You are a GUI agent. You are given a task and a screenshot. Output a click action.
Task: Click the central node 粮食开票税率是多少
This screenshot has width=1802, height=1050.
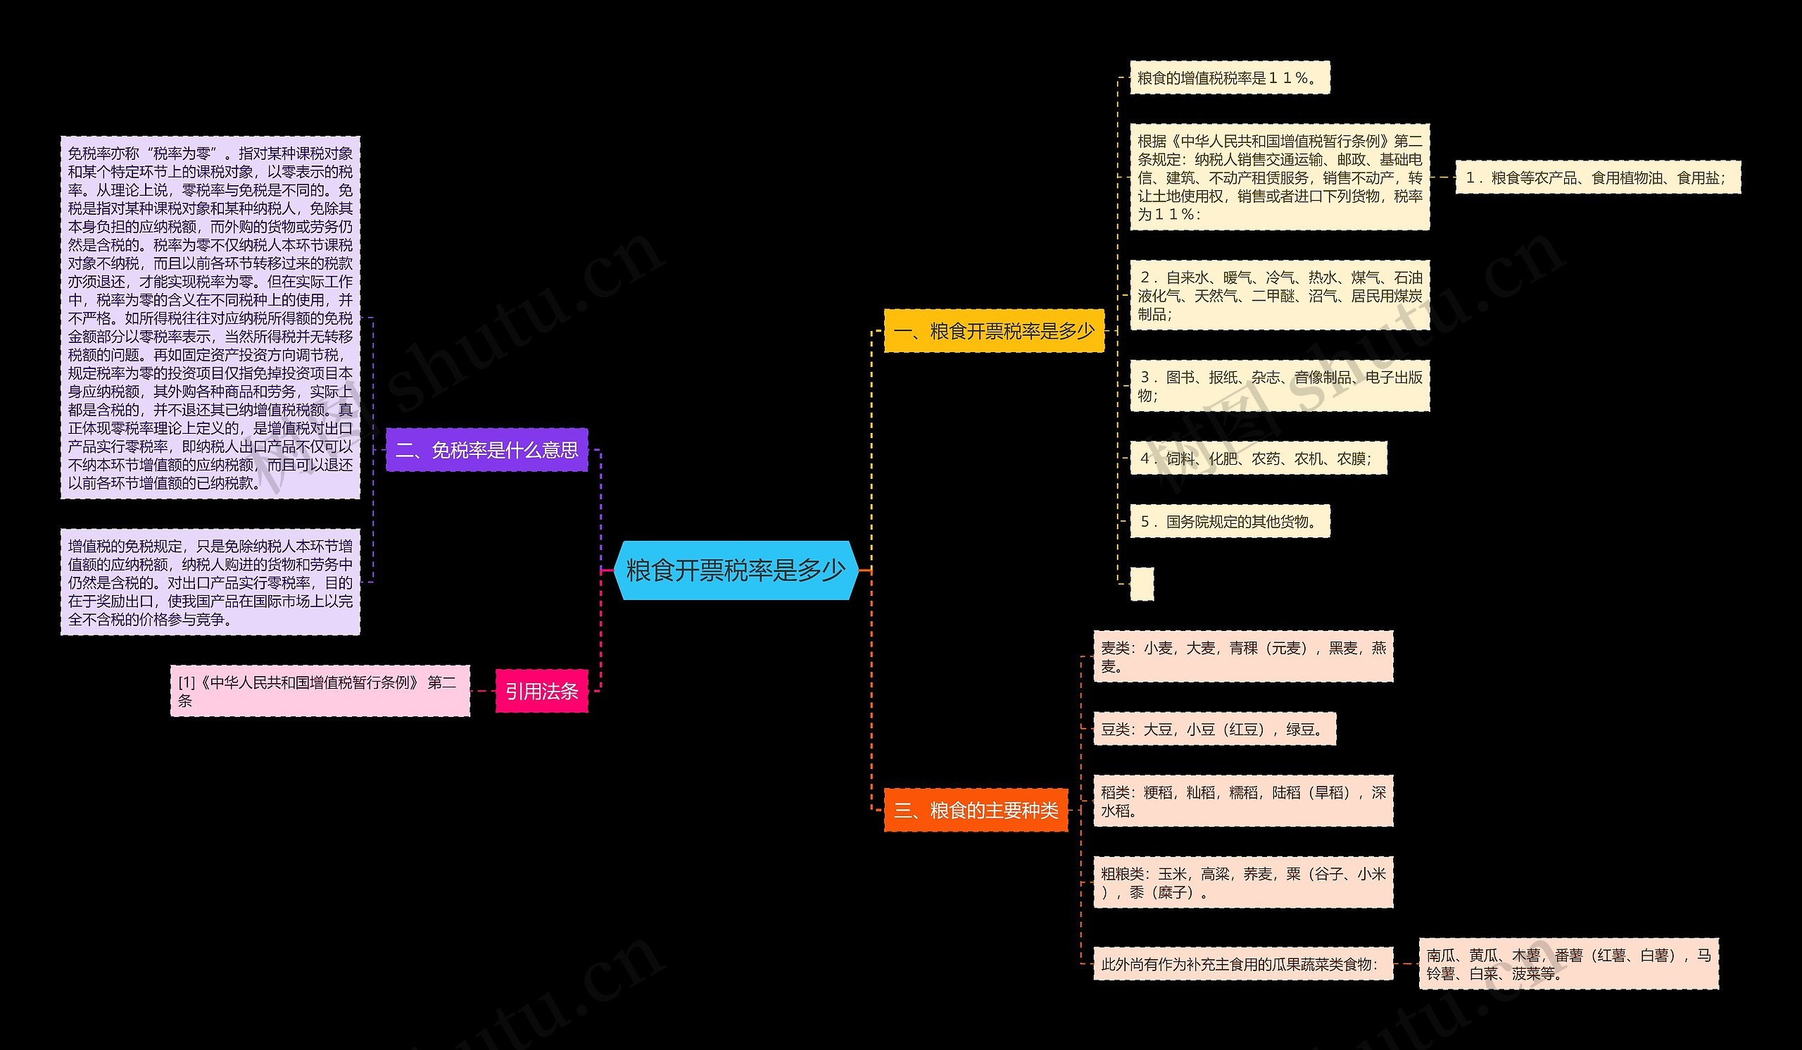click(736, 570)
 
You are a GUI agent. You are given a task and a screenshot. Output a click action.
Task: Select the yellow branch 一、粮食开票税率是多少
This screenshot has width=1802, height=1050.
click(994, 330)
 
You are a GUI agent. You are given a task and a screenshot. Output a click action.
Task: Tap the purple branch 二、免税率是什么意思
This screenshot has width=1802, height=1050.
click(487, 450)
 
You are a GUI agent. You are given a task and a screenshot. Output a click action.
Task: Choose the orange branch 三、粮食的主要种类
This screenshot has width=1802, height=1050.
click(976, 810)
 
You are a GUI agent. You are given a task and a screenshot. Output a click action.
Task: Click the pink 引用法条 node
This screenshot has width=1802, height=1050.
click(542, 691)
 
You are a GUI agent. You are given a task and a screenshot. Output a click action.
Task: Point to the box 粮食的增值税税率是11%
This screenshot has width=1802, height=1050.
click(1230, 77)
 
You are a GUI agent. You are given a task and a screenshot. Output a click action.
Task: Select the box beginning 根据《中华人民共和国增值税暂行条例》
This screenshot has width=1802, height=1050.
click(1280, 177)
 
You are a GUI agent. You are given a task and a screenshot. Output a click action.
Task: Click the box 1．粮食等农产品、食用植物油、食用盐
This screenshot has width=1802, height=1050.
click(1598, 177)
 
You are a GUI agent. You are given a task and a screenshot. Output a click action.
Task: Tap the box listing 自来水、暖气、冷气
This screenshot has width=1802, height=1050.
click(1280, 295)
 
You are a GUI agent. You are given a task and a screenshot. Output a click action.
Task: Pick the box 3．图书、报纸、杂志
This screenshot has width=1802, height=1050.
click(1280, 385)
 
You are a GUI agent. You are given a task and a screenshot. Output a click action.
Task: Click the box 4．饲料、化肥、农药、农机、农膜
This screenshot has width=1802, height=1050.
click(1259, 458)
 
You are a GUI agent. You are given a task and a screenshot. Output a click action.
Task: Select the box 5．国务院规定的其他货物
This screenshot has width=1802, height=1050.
click(1230, 521)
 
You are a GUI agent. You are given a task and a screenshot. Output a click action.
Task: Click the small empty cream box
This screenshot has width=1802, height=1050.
click(1142, 584)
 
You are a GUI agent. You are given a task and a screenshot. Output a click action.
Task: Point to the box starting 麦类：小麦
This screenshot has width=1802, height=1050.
click(1244, 656)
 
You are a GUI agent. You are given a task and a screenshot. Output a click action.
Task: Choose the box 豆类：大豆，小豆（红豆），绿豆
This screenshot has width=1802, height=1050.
click(1215, 729)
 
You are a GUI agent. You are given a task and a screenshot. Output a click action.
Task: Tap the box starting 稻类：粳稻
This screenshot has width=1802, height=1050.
click(1244, 801)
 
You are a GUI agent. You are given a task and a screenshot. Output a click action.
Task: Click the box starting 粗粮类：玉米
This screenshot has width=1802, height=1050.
click(1244, 882)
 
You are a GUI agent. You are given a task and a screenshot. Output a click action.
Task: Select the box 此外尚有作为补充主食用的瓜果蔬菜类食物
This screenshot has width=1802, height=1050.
click(1244, 963)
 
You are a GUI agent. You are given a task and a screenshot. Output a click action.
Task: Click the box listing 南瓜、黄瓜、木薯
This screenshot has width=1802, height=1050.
click(1569, 963)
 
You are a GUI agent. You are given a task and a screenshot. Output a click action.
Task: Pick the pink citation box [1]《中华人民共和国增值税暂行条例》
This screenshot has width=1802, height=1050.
click(320, 691)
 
